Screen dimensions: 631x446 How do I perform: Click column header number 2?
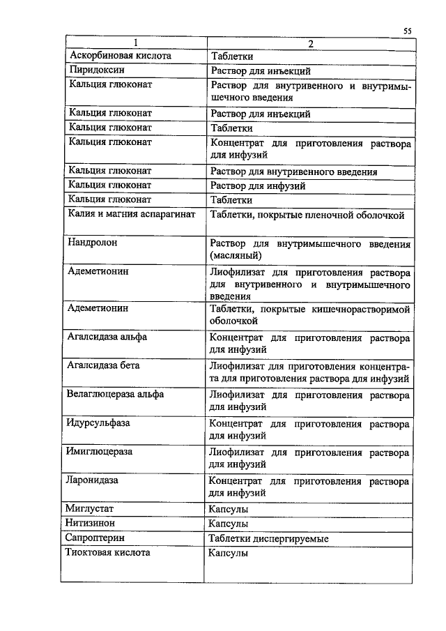[311, 44]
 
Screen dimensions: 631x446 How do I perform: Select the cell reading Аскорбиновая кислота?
[120, 56]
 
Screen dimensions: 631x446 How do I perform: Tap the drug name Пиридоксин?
[97, 70]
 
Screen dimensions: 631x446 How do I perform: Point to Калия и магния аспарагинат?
[132, 215]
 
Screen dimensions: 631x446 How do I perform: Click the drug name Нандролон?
[93, 244]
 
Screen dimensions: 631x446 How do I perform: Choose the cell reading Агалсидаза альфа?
[107, 337]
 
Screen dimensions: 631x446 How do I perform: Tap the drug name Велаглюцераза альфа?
[116, 394]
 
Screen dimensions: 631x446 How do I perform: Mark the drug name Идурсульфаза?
[99, 423]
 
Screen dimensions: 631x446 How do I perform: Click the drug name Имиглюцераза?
[100, 452]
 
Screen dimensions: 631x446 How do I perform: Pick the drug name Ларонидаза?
[93, 480]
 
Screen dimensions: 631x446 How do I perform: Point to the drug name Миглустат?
[91, 509]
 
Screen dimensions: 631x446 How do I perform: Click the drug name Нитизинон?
[91, 524]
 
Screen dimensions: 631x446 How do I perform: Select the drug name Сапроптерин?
[95, 538]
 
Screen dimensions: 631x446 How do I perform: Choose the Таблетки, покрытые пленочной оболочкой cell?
[307, 215]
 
